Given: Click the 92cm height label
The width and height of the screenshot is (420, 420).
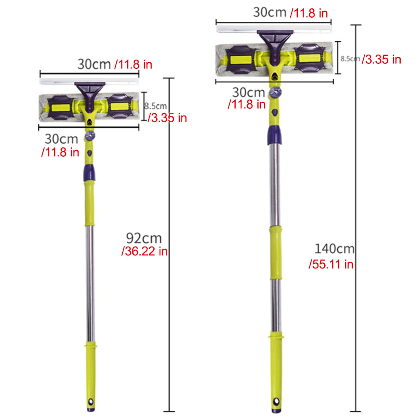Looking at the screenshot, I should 144,238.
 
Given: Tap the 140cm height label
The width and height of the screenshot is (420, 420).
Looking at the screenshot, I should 334,249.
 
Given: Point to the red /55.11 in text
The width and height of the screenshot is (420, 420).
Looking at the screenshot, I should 331,264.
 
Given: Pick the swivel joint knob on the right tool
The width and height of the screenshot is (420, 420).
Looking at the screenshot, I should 275,92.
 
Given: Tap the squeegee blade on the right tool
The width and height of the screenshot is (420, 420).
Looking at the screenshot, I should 274,28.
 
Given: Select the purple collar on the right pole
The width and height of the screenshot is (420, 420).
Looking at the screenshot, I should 273,134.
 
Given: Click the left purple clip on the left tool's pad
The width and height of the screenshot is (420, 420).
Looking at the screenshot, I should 62,107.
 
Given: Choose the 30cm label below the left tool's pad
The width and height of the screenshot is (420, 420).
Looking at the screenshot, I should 61,138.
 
